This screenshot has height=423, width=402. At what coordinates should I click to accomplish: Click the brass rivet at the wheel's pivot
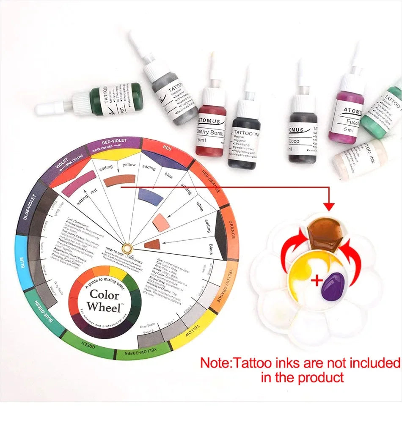click(127, 247)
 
